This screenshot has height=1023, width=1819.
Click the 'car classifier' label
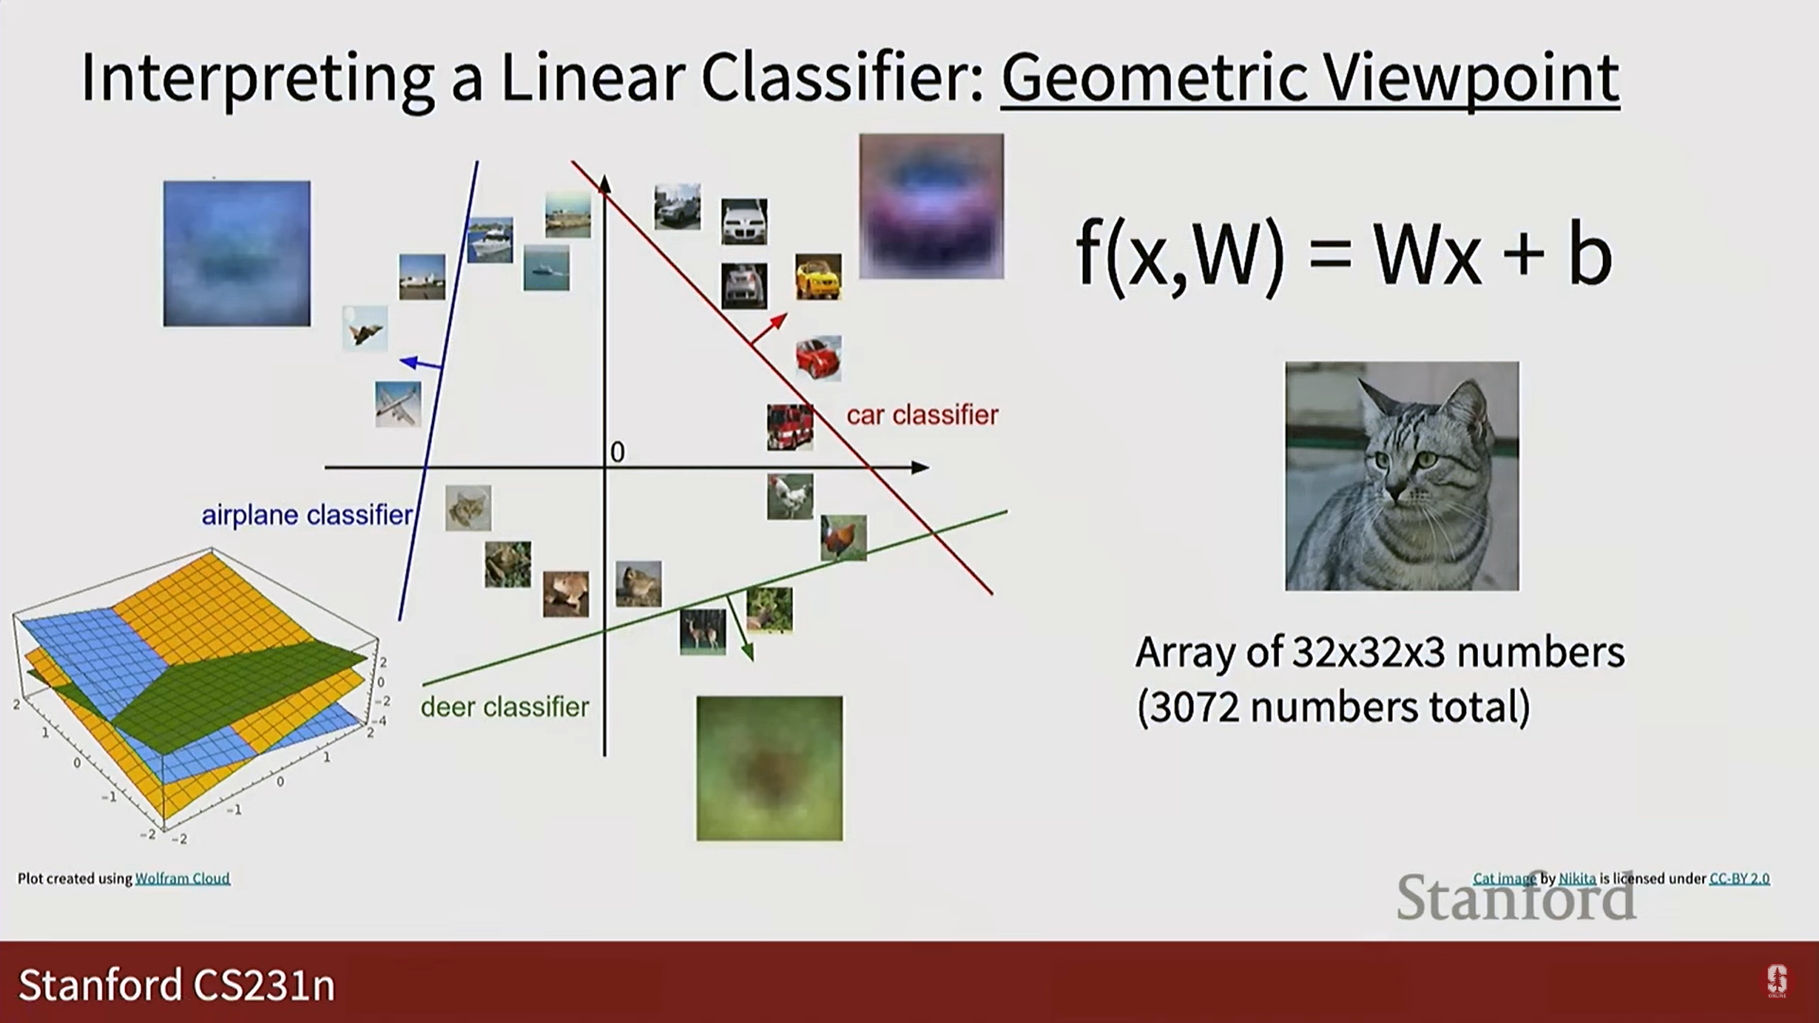[x=922, y=415]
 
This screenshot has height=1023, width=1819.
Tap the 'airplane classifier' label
[x=307, y=514]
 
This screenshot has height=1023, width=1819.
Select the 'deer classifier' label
[x=505, y=707]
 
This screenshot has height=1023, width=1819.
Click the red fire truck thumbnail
[x=790, y=427]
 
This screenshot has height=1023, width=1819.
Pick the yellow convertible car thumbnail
[x=819, y=277]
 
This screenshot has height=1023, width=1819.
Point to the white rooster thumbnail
[x=790, y=496]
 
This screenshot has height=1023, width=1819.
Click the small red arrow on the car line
[x=768, y=328]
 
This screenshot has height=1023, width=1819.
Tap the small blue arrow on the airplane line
[x=421, y=363]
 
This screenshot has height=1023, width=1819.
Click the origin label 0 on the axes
[x=618, y=453]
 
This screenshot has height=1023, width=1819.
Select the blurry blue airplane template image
[x=237, y=254]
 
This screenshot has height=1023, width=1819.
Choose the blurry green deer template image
[x=769, y=768]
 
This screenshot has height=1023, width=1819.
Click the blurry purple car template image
[x=931, y=206]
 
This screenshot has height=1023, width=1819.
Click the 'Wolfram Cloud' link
[x=183, y=878]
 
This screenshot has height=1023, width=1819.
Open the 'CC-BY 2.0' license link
[x=1739, y=878]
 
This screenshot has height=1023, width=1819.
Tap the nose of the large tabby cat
[x=1395, y=494]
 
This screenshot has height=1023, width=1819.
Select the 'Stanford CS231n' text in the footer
[x=177, y=985]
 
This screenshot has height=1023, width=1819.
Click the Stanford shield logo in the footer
[x=1777, y=981]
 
